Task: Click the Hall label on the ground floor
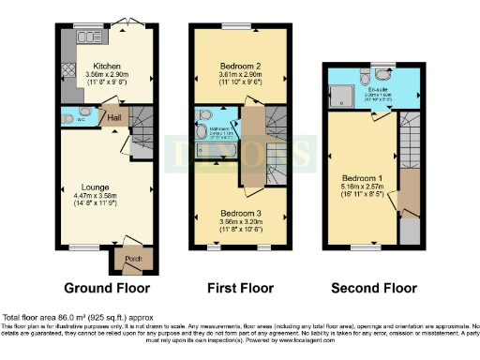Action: click(x=114, y=117)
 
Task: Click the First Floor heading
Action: click(x=236, y=287)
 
